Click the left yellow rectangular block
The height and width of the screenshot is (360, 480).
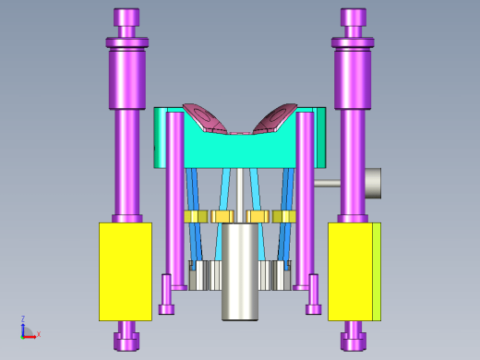(126, 271)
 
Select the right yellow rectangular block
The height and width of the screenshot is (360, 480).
(354, 271)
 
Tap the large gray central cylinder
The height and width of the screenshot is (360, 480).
(240, 272)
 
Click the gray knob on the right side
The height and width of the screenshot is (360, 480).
(373, 183)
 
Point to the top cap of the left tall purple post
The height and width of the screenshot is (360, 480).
(126, 18)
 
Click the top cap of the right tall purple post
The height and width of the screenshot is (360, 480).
(354, 18)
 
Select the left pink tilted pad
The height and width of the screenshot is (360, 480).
(205, 118)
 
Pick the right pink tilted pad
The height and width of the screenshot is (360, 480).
(275, 118)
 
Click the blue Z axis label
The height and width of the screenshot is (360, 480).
(23, 318)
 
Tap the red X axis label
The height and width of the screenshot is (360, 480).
(39, 334)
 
